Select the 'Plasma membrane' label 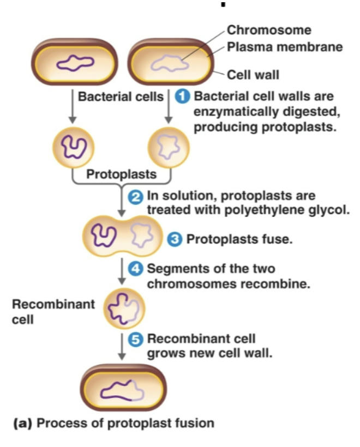pos(285,47)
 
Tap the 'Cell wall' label pos(253,74)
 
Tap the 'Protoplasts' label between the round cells pos(121,176)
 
